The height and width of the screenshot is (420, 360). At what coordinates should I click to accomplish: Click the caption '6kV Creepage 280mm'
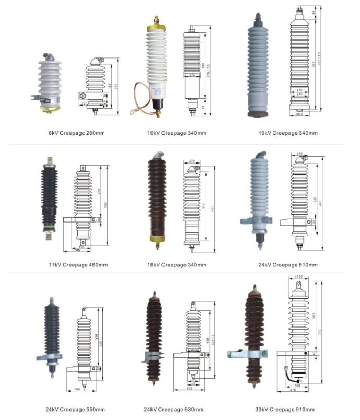click(76, 133)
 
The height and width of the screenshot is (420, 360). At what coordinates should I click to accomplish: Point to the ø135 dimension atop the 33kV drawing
click(299, 277)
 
